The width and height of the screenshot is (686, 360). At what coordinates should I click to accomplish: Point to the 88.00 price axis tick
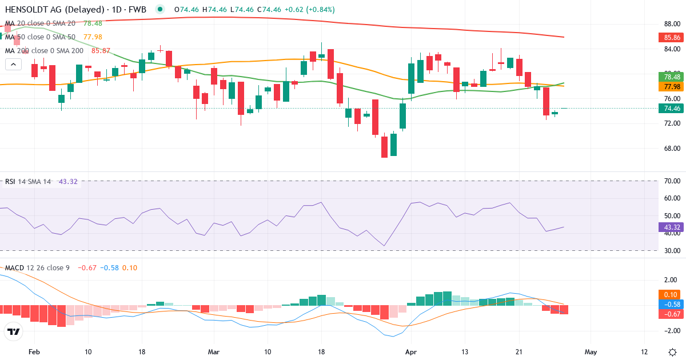[x=672, y=24]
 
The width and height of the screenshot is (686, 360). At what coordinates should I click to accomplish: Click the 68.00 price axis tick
[x=672, y=149]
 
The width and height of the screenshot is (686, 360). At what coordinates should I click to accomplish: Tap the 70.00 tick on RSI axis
[x=672, y=181]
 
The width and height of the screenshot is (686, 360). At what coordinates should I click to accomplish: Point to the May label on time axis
[x=591, y=351]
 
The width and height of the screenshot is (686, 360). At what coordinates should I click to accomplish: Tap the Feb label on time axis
[x=34, y=351]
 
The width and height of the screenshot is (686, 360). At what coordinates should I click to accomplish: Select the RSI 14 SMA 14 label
[x=29, y=182]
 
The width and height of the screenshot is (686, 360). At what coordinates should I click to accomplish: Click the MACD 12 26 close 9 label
[x=38, y=267]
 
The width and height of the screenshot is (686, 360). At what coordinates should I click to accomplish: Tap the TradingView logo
[x=14, y=331]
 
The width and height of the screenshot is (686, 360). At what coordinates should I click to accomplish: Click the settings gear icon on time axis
[x=672, y=351]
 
